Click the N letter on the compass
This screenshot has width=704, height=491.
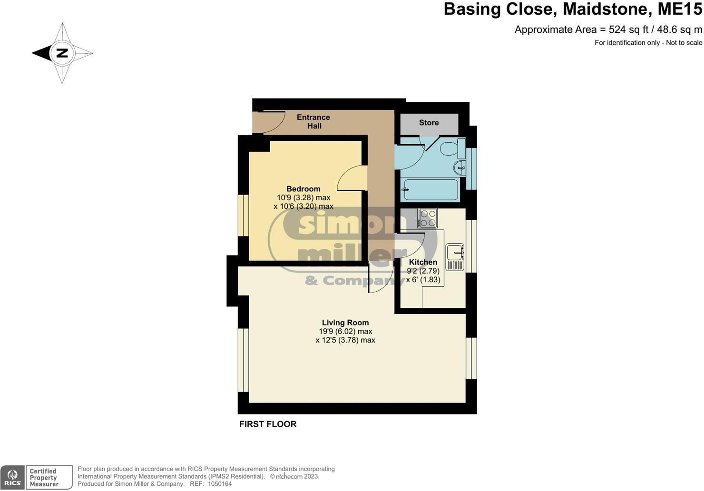click(x=62, y=53)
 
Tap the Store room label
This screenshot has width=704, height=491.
click(x=429, y=123)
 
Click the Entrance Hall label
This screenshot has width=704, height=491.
click(x=313, y=121)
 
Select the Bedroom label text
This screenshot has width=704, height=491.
click(x=303, y=189)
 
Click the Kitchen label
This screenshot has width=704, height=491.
click(x=423, y=262)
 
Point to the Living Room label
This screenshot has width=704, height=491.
click(x=345, y=323)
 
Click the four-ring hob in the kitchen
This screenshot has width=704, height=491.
click(x=428, y=218)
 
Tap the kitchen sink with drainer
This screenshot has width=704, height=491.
click(x=455, y=257)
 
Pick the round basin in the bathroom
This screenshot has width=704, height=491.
click(x=460, y=167)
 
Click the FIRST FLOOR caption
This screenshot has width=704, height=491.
click(x=268, y=424)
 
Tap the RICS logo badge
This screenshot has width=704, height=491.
click(x=12, y=477)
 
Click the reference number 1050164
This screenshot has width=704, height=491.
click(x=219, y=484)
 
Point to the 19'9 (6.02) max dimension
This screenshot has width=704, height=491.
click(x=345, y=332)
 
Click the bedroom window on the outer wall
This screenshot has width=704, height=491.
click(x=243, y=215)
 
